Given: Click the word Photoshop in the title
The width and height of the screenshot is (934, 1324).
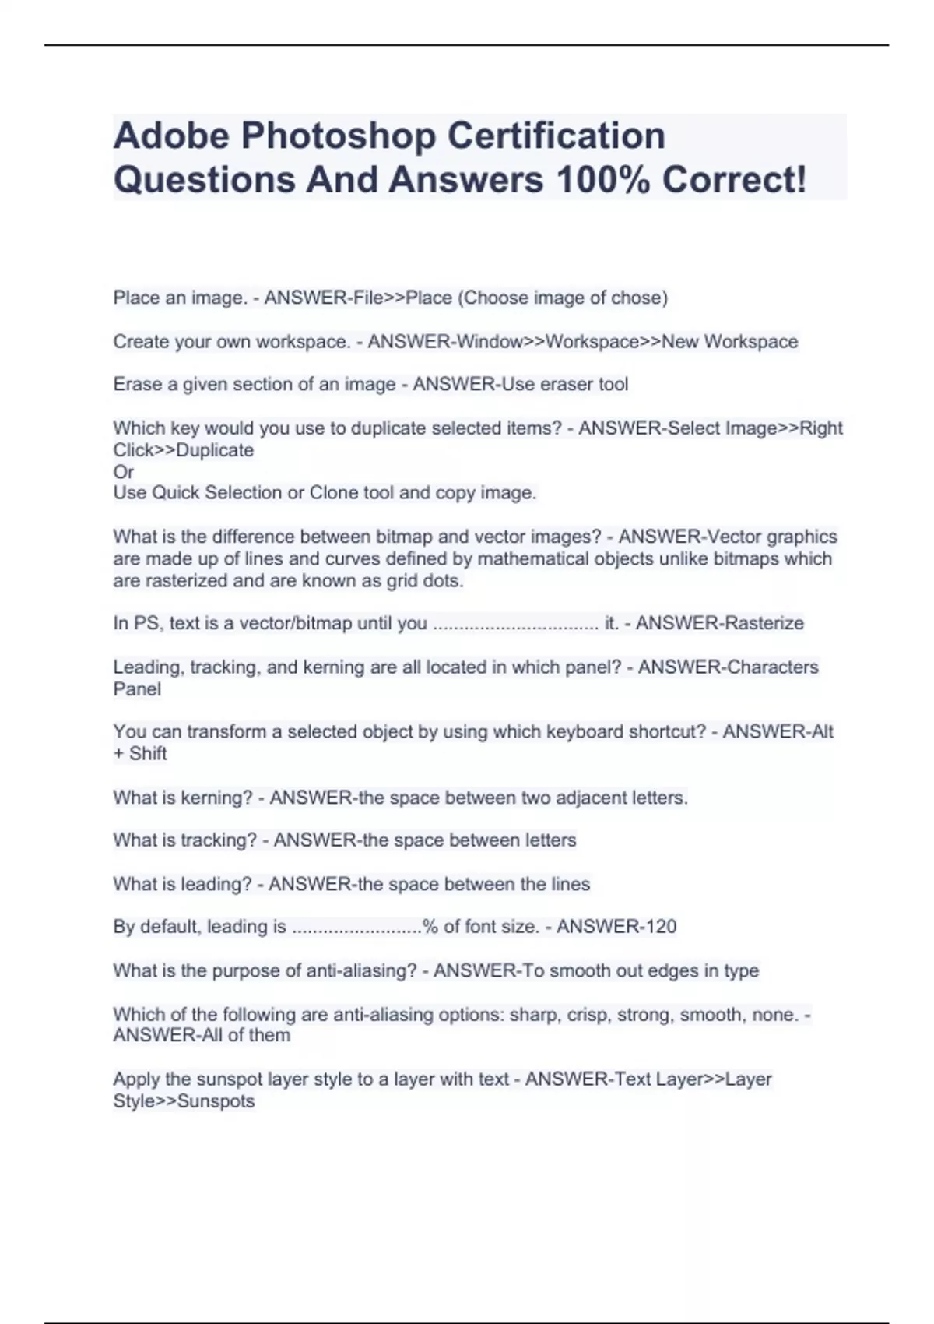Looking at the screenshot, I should coord(339,136).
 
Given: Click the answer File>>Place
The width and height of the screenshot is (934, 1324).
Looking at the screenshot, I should coord(402,298).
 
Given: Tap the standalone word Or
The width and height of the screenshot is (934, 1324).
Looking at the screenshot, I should coord(124,472).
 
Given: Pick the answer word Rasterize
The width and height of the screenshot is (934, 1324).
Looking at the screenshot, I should coord(762,623).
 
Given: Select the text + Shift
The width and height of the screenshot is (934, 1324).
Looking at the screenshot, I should coord(140,754).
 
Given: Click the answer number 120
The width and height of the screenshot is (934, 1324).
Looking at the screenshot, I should coord(660,927).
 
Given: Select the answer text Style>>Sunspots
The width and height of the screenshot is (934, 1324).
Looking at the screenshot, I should coord(184,1101).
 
